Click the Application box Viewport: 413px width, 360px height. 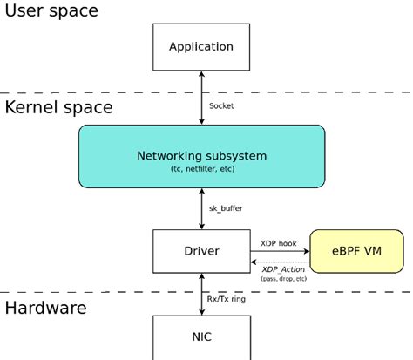coord(201,47)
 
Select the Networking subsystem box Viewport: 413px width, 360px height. coord(201,156)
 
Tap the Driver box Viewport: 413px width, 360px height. coord(201,251)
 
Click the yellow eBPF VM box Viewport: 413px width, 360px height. coord(356,251)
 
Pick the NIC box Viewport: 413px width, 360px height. coord(201,336)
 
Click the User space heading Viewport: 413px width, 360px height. coord(52,11)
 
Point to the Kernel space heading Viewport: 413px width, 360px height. coord(59,107)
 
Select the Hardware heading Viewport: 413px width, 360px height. coord(45,308)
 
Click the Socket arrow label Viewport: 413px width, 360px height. coord(222,105)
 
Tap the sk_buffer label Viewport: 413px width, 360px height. coord(226,209)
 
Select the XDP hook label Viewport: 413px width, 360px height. coord(280,242)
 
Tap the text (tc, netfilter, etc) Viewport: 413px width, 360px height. coord(201,168)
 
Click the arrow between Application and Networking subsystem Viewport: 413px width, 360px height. coord(201,98)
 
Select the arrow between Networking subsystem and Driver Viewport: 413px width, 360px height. coord(201,209)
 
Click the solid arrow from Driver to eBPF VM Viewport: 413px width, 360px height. coord(280,251)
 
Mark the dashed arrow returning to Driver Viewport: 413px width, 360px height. coord(280,261)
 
